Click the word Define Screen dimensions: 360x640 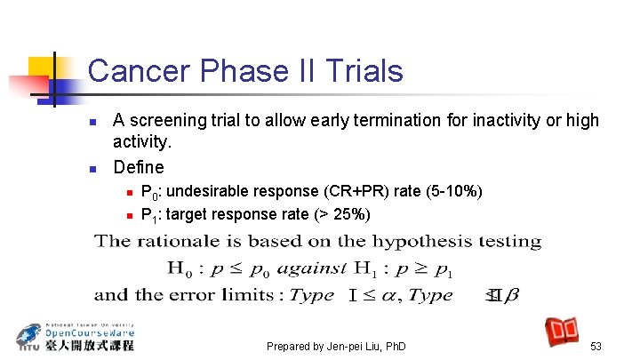[x=139, y=167]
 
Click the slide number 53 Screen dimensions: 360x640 [x=596, y=346]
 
